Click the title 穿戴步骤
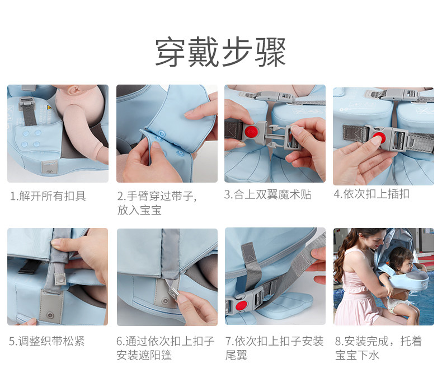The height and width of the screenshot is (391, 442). [220, 52]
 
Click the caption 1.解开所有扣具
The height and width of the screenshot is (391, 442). [48, 196]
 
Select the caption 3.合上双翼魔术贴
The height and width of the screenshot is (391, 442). [267, 194]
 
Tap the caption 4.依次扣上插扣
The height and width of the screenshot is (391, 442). [372, 194]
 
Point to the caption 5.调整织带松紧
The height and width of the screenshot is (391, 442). [47, 341]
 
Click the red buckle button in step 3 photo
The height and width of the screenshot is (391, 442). [250, 131]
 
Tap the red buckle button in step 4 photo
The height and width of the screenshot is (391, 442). [379, 137]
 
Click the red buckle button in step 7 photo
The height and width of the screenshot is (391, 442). [241, 305]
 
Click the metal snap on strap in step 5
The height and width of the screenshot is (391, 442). [60, 280]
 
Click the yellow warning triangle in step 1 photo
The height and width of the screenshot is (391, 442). [48, 108]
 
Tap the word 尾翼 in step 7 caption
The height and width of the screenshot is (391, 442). [236, 355]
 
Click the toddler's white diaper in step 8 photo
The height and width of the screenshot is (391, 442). [397, 304]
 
